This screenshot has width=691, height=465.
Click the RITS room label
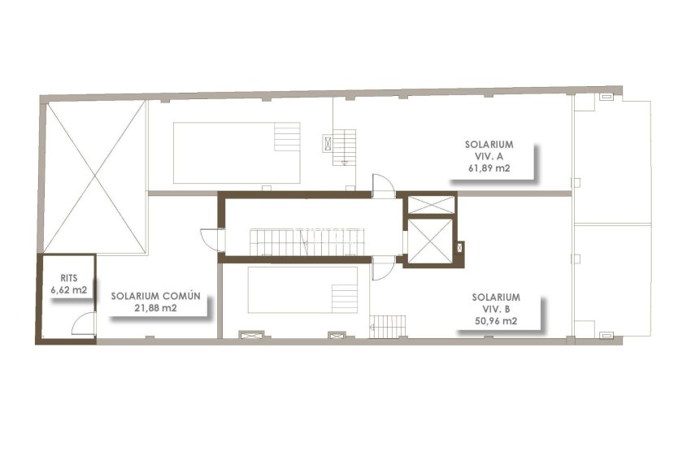[65, 277]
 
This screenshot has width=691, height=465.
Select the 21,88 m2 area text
[155, 308]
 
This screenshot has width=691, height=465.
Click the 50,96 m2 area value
[496, 322]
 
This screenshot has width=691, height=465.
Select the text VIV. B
[496, 310]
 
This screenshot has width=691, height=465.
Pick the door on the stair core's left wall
[211, 241]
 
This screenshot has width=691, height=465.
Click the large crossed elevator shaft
[428, 241]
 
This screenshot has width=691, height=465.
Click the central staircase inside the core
[305, 241]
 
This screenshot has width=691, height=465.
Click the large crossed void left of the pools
[94, 175]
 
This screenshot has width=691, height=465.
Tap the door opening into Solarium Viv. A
[382, 185]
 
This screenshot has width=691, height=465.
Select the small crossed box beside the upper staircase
[328, 143]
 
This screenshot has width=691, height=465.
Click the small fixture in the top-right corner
[606, 97]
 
